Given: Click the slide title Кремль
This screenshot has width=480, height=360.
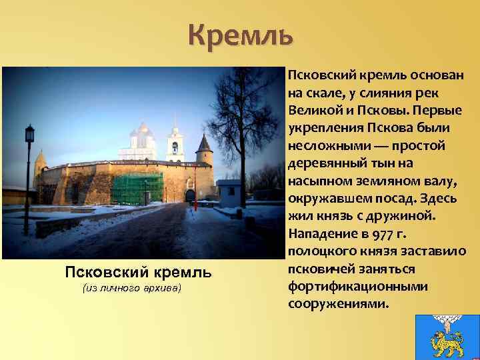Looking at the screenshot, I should click(240, 35).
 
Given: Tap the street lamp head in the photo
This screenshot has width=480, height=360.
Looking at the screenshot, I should click(29, 133).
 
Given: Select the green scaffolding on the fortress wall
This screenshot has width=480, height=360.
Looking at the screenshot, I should click(137, 188).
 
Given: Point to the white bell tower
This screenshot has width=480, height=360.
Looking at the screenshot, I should click(175, 144).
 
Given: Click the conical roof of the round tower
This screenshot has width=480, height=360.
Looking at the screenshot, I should click(204, 143).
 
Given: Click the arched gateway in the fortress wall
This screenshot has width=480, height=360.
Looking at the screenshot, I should click(190, 195).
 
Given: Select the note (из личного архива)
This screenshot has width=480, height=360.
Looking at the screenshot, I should click(131, 288).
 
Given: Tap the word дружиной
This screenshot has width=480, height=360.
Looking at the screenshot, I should click(403, 217).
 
